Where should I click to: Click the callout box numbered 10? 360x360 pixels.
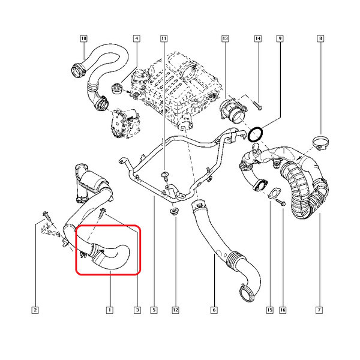pyautogui.click(x=83, y=38)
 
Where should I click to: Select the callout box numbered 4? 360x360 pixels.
pyautogui.click(x=137, y=38)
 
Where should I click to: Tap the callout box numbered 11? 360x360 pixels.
pyautogui.click(x=164, y=38)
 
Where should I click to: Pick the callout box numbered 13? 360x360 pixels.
pyautogui.click(x=225, y=38)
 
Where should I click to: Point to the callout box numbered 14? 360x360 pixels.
pyautogui.click(x=258, y=38)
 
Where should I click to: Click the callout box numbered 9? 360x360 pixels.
pyautogui.click(x=280, y=38)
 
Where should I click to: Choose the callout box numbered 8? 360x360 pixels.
pyautogui.click(x=320, y=38)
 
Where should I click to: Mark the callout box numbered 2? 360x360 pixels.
pyautogui.click(x=35, y=310)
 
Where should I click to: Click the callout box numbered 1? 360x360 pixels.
pyautogui.click(x=110, y=310)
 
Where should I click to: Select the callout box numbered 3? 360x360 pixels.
pyautogui.click(x=137, y=310)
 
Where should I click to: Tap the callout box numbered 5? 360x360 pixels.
pyautogui.click(x=154, y=310)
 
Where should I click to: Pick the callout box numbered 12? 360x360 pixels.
pyautogui.click(x=175, y=310)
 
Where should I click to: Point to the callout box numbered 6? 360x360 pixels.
pyautogui.click(x=214, y=310)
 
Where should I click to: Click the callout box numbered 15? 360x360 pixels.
pyautogui.click(x=270, y=310)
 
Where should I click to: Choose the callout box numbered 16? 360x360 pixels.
pyautogui.click(x=283, y=310)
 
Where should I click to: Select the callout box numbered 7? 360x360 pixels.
pyautogui.click(x=319, y=310)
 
